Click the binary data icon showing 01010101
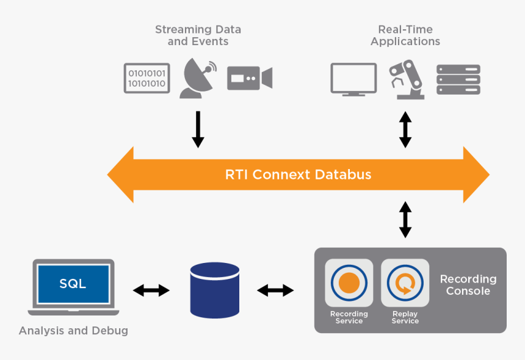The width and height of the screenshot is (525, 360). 147,78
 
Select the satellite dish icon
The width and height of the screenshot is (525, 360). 197,78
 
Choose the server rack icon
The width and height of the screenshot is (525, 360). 458,79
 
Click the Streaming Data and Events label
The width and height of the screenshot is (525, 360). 198,35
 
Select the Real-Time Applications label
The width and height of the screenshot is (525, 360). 405,35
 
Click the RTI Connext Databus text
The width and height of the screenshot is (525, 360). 298,175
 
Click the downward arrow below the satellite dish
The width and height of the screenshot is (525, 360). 198,129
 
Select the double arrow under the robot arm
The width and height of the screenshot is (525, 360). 405,129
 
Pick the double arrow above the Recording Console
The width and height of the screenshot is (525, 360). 405,220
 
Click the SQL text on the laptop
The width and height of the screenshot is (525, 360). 73,284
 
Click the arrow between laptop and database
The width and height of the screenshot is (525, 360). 151,290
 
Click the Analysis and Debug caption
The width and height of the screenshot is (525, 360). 73,331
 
